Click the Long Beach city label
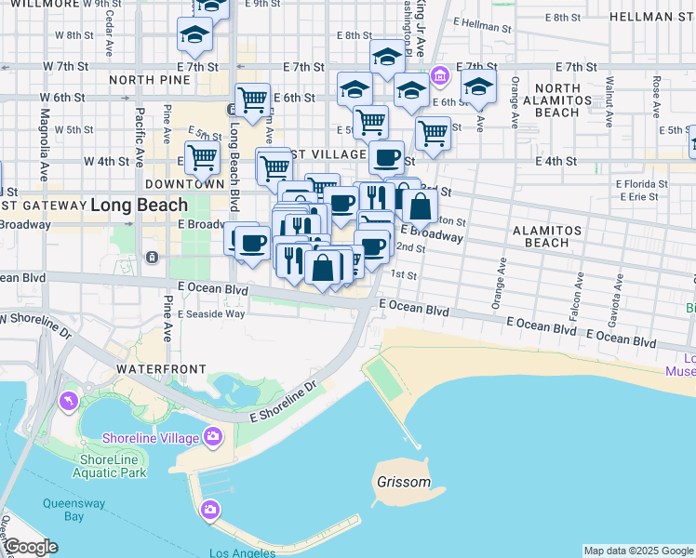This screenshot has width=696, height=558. [x=139, y=205]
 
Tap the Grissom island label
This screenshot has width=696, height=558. [x=404, y=483]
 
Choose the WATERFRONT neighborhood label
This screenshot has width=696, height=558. [x=160, y=369]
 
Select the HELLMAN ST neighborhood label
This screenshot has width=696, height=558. [x=650, y=17]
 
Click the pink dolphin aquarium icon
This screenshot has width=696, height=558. [x=68, y=401]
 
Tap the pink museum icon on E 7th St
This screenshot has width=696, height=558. [x=440, y=73]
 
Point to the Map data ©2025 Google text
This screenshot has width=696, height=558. [x=638, y=551]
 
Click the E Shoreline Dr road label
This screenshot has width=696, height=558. [x=284, y=402]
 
